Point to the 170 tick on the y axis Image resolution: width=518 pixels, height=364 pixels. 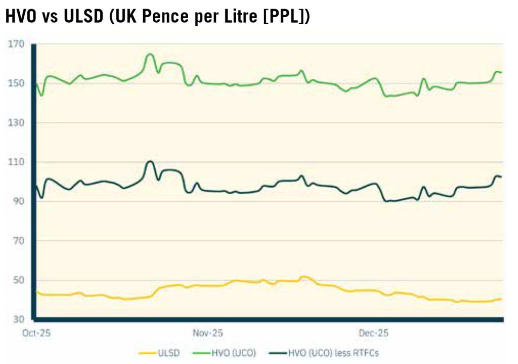click(x=17, y=44)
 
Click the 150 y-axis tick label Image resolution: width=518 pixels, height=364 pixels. click(x=17, y=83)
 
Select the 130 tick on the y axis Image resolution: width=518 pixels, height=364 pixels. click(x=17, y=123)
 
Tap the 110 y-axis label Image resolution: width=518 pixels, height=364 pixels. click(x=17, y=162)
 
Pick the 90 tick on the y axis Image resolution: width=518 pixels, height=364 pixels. click(x=19, y=202)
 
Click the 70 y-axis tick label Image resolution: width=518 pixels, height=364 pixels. click(x=19, y=241)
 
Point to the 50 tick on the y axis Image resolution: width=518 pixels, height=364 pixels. click(x=19, y=280)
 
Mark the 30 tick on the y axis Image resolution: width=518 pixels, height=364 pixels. click(x=19, y=320)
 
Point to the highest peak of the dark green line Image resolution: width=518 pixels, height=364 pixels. click(x=150, y=161)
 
